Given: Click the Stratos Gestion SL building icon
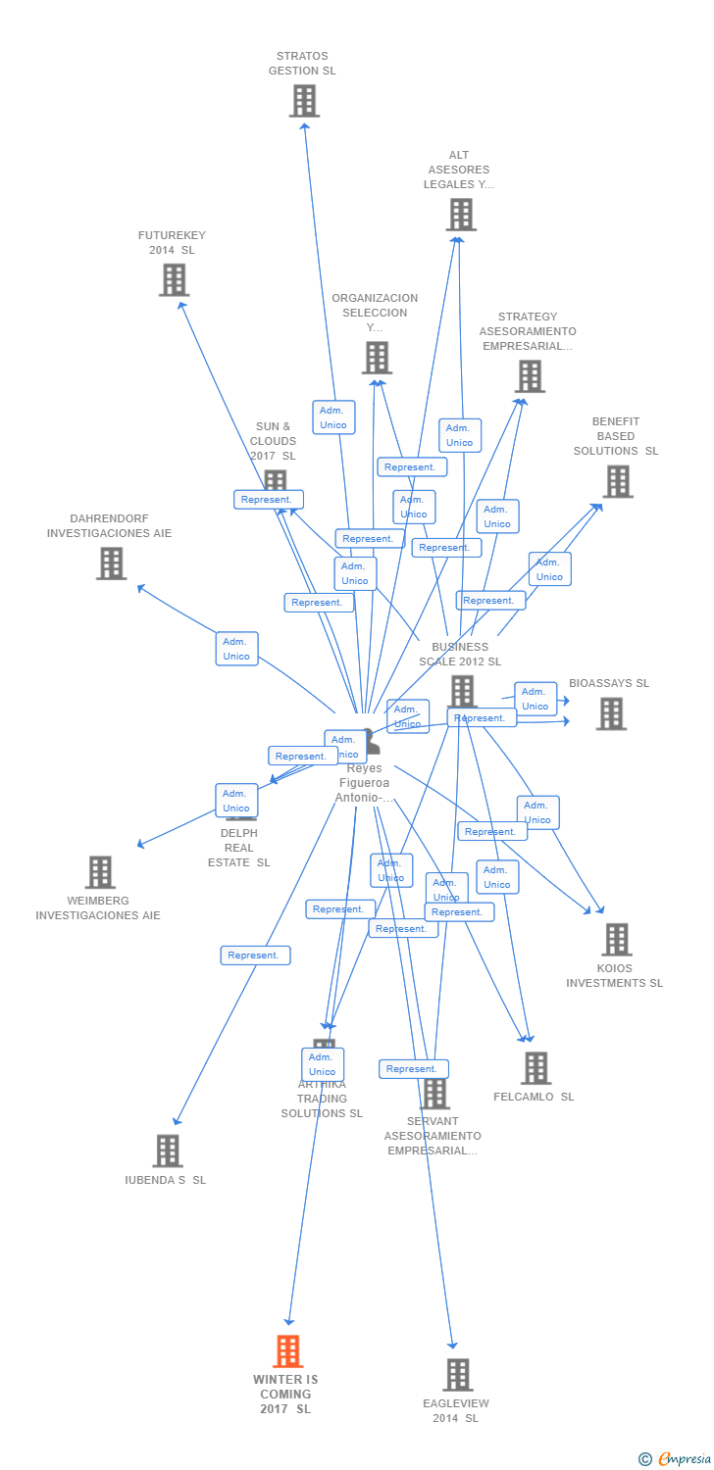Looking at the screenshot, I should click(304, 100).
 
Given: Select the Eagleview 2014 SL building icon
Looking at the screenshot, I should click(457, 1374).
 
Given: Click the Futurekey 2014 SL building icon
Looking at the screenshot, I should click(174, 279).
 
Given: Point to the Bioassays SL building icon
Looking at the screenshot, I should click(611, 713).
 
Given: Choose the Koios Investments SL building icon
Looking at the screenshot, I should click(616, 939).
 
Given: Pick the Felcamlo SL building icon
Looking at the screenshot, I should click(535, 1067).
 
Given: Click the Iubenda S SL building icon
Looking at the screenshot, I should click(168, 1151).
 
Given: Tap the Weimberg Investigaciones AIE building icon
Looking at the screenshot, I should click(100, 871).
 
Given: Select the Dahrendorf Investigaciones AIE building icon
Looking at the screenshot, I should click(112, 563).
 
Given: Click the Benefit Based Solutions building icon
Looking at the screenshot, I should click(617, 481).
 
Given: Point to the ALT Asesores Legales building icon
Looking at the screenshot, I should click(460, 214).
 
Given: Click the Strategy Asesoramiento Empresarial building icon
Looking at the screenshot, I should click(529, 375).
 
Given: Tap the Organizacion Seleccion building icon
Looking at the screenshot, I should click(377, 357).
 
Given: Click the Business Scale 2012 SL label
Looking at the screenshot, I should click(460, 654).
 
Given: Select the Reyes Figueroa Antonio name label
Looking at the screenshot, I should click(364, 782).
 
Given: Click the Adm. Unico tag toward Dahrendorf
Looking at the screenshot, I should click(236, 649).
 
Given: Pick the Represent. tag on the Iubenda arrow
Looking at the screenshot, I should click(255, 955).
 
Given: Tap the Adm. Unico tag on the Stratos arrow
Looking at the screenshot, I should click(333, 417).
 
